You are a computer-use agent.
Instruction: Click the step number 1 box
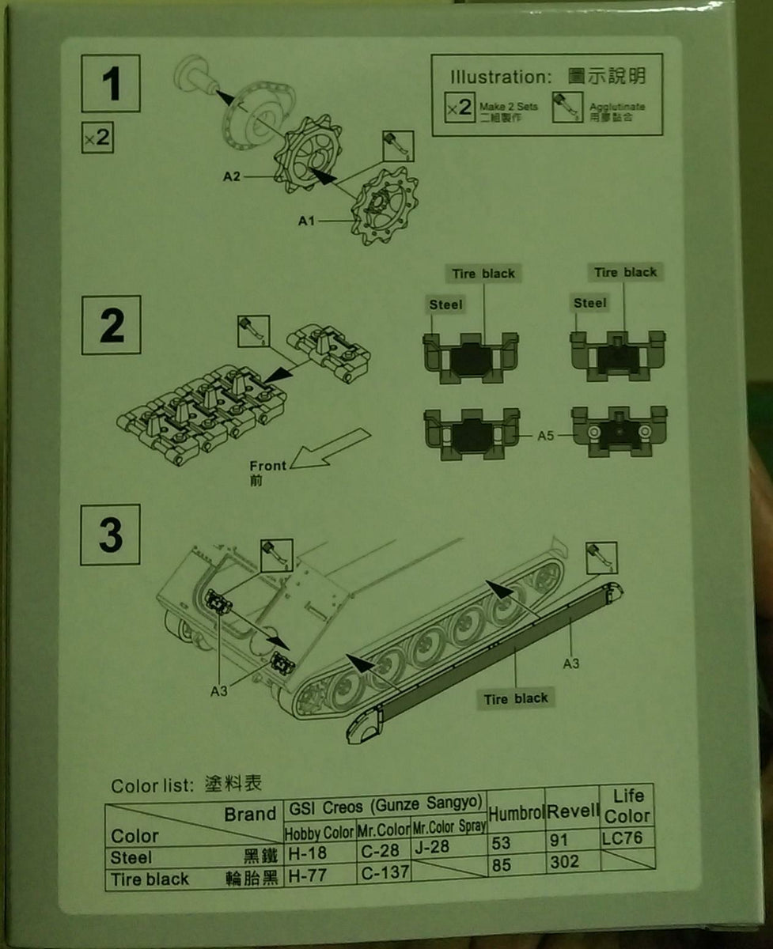click(x=111, y=85)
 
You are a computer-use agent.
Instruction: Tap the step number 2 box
click(x=112, y=325)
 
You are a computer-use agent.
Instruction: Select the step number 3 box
click(x=111, y=534)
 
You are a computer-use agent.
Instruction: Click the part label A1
click(x=307, y=221)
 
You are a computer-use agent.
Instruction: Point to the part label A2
click(x=231, y=176)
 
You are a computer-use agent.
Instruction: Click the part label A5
click(x=546, y=435)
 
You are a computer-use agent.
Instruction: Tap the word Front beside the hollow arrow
click(x=267, y=466)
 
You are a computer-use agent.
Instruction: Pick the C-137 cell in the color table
click(x=382, y=873)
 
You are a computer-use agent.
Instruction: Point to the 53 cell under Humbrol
click(x=502, y=844)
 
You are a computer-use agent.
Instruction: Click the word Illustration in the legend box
click(x=498, y=77)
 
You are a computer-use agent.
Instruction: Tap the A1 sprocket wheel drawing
click(x=382, y=207)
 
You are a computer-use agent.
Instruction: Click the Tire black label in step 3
click(x=516, y=698)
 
